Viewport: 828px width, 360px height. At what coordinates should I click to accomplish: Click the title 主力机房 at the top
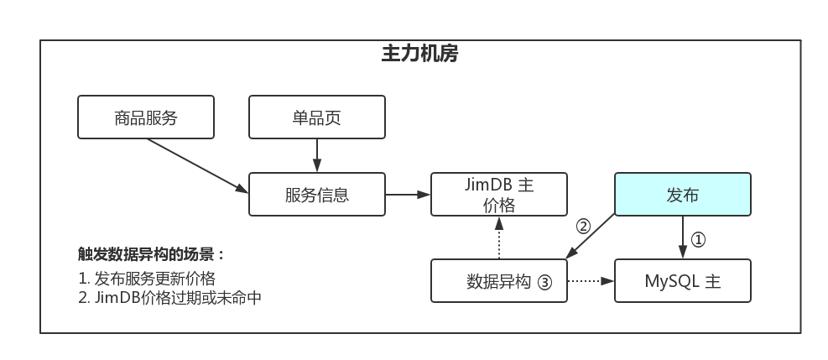[x=419, y=54]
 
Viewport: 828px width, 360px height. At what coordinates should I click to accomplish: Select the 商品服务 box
[x=146, y=117]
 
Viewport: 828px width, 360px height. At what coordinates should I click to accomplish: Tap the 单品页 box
[x=317, y=117]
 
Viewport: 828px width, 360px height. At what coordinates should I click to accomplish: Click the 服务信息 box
[x=317, y=194]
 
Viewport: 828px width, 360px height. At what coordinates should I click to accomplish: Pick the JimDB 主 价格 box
[x=499, y=194]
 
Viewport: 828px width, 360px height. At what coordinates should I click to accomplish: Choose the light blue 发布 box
[x=683, y=194]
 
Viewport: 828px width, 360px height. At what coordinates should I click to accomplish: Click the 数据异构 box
[x=499, y=281]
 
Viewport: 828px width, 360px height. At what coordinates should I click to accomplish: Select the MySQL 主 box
[x=683, y=281]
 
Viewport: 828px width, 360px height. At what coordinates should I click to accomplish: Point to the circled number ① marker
[x=698, y=240]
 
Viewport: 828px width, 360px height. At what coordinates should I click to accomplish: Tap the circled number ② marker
[x=583, y=227]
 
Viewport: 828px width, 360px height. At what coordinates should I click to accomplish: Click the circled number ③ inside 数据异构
[x=545, y=283]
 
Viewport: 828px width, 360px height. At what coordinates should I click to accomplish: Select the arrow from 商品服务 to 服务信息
[x=197, y=166]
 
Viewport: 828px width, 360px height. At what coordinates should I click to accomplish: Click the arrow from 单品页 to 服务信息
[x=317, y=156]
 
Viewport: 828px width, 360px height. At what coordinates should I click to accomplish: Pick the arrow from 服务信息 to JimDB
[x=409, y=194]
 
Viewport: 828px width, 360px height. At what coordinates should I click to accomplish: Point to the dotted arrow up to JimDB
[x=499, y=237]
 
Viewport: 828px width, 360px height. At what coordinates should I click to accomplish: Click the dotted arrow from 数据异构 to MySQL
[x=591, y=281]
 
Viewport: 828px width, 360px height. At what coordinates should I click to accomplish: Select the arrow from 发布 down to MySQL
[x=683, y=237]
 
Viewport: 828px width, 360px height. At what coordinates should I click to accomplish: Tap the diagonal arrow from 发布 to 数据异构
[x=591, y=236]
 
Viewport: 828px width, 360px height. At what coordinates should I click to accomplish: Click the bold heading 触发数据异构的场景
[x=152, y=254]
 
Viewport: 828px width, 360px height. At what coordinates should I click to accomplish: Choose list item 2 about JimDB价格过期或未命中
[x=170, y=298]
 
